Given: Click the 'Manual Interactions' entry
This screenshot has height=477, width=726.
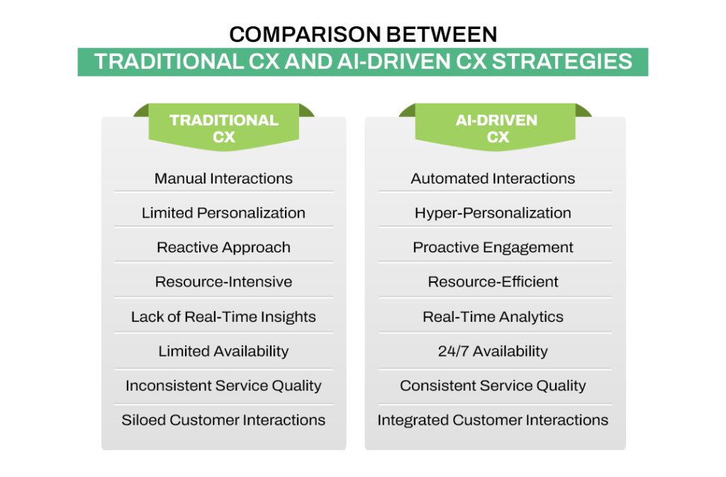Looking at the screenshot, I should (x=223, y=179).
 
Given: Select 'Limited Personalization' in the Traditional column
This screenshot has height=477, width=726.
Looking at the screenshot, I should (x=223, y=213).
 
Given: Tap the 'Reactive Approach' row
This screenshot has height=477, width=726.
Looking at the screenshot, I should (x=223, y=247).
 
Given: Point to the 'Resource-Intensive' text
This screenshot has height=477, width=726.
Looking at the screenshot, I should (x=223, y=282).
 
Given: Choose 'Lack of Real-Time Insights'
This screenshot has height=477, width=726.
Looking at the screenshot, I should (x=223, y=317).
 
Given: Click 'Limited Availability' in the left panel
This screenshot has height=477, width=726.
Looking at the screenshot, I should (x=223, y=351).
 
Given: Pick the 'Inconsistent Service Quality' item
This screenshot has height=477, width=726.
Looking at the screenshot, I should (x=223, y=386).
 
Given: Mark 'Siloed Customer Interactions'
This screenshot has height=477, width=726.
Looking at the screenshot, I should (x=223, y=420).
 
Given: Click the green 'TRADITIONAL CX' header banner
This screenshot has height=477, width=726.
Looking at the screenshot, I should (x=223, y=128).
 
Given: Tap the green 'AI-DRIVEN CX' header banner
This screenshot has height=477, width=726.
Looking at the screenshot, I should (x=496, y=128).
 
